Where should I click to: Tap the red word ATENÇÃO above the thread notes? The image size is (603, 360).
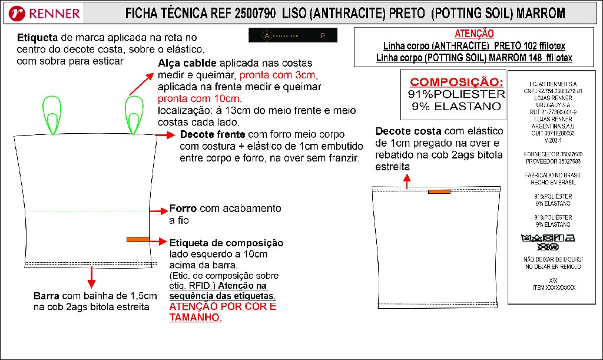click(x=474, y=34)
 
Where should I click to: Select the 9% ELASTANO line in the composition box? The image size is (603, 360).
click(x=457, y=107)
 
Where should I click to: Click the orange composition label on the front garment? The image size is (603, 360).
click(x=138, y=239)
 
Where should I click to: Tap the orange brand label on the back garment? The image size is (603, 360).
click(x=439, y=191)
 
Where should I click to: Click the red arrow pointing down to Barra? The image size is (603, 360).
click(x=91, y=276)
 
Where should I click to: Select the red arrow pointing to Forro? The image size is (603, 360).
click(x=159, y=210)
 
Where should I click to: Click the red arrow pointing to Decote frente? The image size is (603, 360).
click(x=167, y=136)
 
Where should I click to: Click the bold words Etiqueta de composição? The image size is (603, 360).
click(x=226, y=243)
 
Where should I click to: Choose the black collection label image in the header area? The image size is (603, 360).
click(x=293, y=36)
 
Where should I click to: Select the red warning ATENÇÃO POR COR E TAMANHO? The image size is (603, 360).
click(x=222, y=312)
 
